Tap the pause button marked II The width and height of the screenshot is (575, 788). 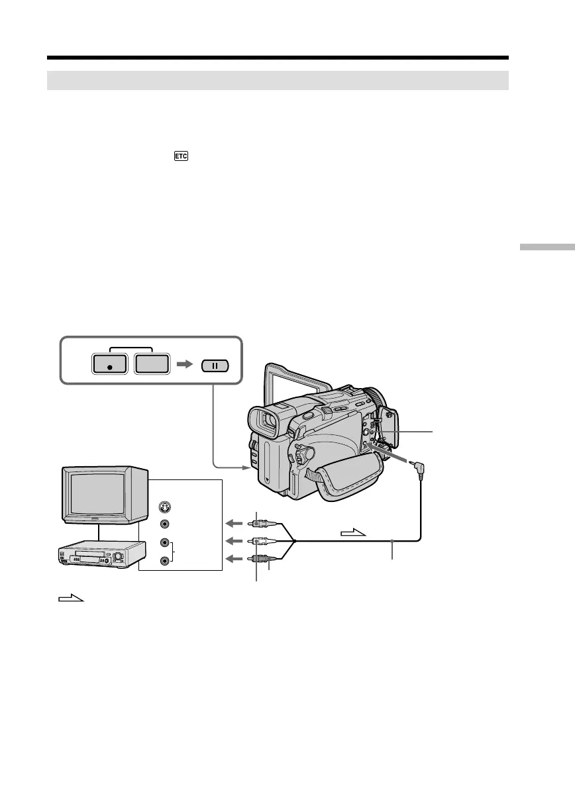click(x=214, y=365)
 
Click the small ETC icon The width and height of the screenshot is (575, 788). click(x=181, y=156)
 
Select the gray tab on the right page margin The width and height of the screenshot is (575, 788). click(x=547, y=248)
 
